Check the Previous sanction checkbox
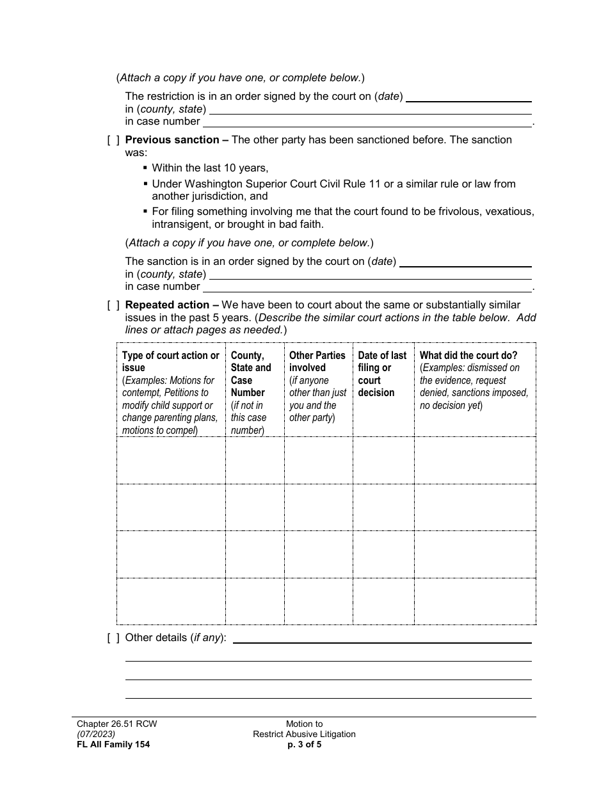coord(113,140)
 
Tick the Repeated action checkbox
coord(113,305)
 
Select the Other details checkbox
coord(113,638)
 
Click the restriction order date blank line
coord(469,97)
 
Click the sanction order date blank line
coord(465,262)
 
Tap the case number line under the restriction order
coord(367,122)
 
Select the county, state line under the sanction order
coord(371,274)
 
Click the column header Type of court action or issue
coord(171,362)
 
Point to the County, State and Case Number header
coord(251,374)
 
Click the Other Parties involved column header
coord(317,362)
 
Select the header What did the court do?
coord(468,355)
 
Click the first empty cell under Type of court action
coord(171,461)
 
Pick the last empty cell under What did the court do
coord(475,601)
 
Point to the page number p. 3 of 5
coord(304,744)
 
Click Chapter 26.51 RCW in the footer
coord(116,724)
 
